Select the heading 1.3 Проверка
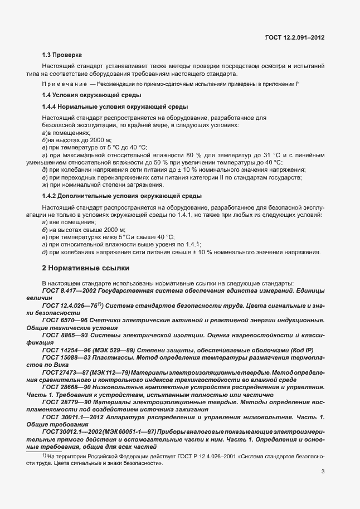click(62, 55)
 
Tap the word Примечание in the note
click(63, 84)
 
